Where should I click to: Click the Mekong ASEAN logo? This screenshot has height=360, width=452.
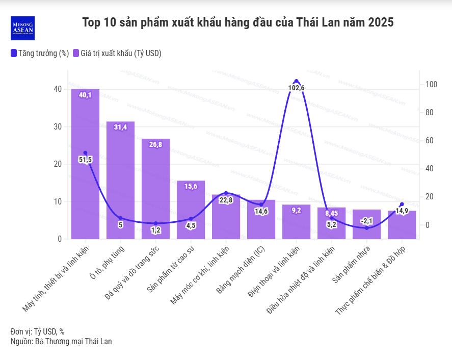22,28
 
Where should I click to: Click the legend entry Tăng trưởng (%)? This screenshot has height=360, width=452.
39,53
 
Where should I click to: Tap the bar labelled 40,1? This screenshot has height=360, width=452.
85,163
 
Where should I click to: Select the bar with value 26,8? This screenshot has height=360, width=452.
155,189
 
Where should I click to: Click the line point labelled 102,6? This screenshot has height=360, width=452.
296,81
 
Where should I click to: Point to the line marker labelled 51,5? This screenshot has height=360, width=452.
85,153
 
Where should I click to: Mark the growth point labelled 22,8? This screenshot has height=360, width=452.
226,193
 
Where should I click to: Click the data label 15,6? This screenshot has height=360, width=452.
191,187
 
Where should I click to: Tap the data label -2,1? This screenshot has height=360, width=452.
366,221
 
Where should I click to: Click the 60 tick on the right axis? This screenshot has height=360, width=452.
430,141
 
